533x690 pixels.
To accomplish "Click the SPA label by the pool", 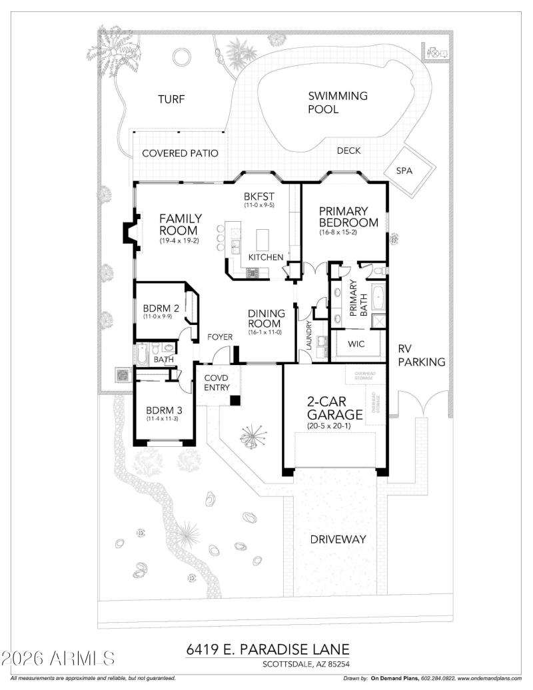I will (404, 171).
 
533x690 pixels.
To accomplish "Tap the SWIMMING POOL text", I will (337, 103).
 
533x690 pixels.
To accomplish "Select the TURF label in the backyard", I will (171, 99).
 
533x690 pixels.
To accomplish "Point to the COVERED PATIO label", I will (180, 153).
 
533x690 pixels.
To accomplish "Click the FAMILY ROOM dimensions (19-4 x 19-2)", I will (179, 240).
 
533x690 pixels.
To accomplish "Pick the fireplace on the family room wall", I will (129, 232).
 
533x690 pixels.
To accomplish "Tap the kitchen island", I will (265, 238).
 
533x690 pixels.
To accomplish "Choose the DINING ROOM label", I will (266, 318).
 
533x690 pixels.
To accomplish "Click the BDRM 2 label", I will (162, 308).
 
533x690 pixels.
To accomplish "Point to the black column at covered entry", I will (235, 400).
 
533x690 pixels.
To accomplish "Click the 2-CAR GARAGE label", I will (334, 408).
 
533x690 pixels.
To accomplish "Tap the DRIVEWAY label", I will (338, 539).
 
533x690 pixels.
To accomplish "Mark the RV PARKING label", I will (421, 355).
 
